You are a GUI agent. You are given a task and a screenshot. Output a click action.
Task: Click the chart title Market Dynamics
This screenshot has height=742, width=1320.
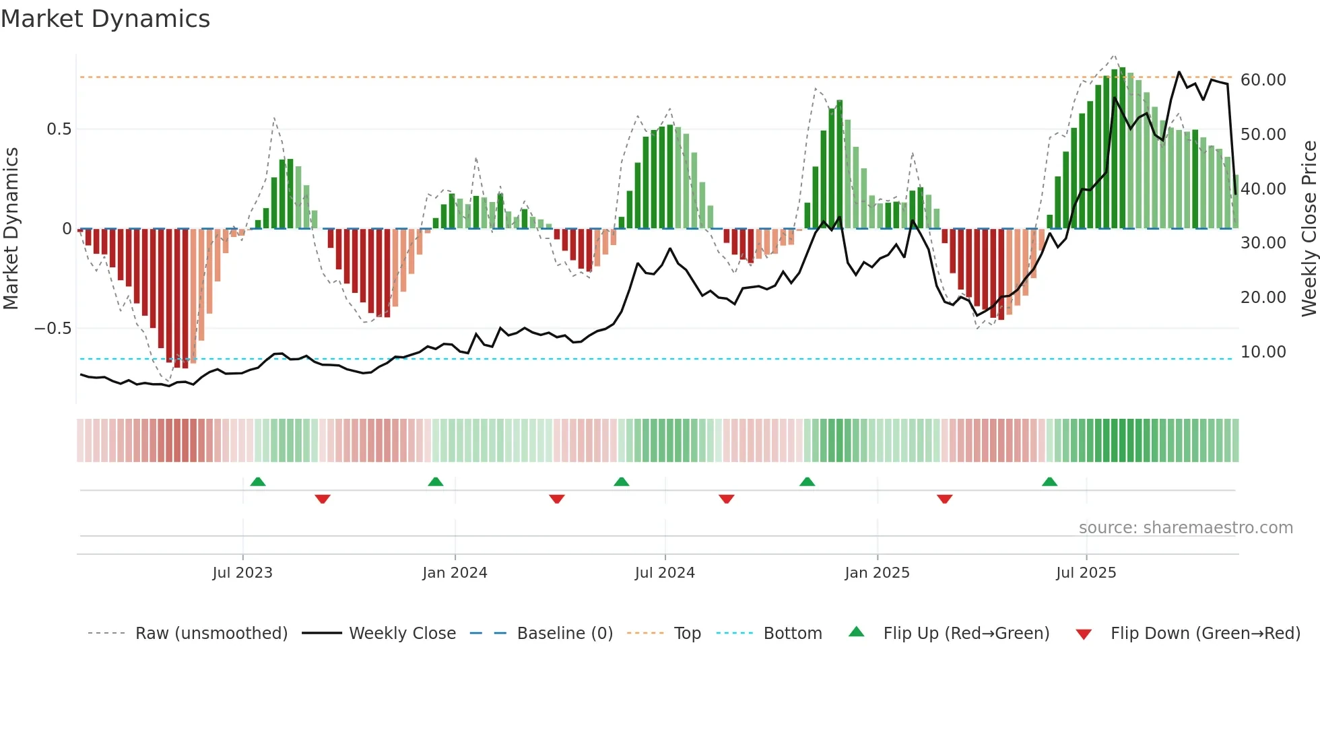(105, 19)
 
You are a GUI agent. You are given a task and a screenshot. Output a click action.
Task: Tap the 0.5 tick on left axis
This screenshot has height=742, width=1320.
(59, 129)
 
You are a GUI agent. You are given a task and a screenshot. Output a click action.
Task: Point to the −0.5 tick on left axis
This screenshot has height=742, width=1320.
(53, 329)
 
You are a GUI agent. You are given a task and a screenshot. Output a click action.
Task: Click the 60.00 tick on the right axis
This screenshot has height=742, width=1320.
(1263, 80)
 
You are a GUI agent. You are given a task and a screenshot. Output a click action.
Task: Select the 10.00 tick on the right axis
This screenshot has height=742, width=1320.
(1263, 352)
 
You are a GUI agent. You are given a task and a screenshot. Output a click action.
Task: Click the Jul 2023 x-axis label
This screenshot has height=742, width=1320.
(242, 573)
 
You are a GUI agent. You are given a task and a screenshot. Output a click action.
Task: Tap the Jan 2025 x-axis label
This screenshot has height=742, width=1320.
(877, 573)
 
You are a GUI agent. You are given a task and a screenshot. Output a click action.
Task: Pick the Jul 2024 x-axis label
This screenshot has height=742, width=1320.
(665, 573)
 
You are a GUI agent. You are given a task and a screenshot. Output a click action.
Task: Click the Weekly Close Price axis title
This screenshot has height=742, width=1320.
(1309, 229)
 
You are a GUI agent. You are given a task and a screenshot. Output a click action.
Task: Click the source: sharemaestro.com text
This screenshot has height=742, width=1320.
(1185, 528)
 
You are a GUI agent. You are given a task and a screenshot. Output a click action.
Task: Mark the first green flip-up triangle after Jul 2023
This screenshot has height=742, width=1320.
(258, 481)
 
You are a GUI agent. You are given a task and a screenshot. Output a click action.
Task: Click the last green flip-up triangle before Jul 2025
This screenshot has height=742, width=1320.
(1049, 481)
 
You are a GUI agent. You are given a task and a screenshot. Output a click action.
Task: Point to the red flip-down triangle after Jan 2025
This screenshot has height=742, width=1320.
(944, 499)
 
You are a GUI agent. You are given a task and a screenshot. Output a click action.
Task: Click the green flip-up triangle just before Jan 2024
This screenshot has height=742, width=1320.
(436, 481)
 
